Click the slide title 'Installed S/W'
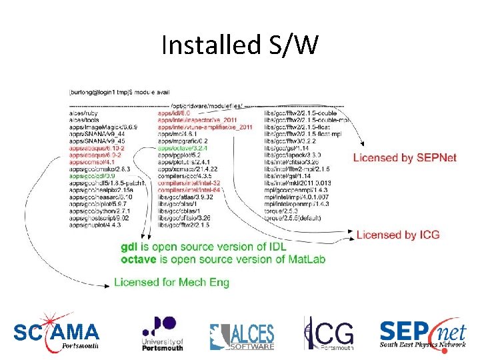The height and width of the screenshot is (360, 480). (x=240, y=46)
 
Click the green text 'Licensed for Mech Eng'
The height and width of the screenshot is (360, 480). (x=171, y=282)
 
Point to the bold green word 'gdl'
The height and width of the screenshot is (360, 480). (x=128, y=247)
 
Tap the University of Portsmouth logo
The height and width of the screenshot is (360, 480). (x=162, y=332)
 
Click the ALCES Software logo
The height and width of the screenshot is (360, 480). (x=241, y=335)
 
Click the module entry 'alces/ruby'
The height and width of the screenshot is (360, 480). (x=83, y=114)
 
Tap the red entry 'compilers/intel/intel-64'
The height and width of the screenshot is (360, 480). (x=189, y=190)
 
